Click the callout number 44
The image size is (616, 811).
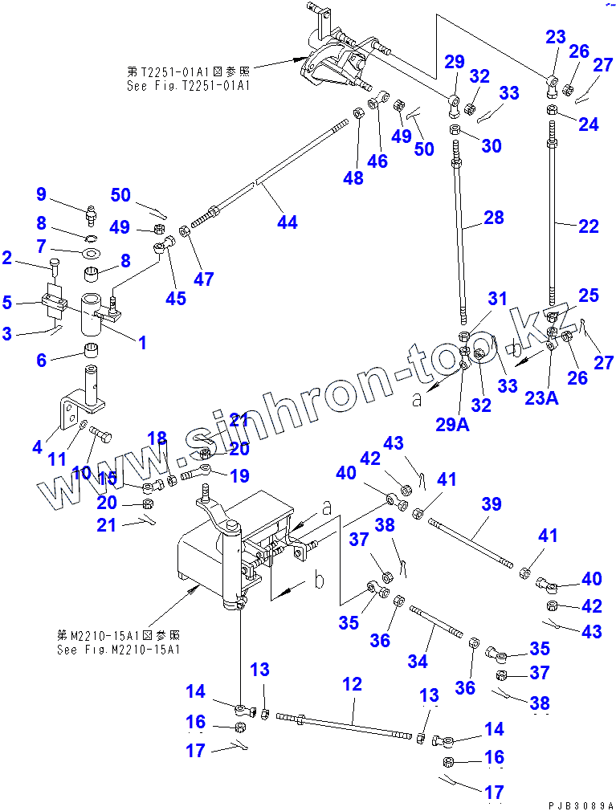pyautogui.click(x=287, y=222)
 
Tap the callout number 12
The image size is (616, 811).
pyautogui.click(x=352, y=685)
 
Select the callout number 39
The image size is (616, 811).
pyautogui.click(x=491, y=504)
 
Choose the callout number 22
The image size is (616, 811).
pyautogui.click(x=588, y=227)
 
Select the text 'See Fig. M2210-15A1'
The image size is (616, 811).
pyautogui.click(x=119, y=649)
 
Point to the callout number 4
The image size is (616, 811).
pyautogui.click(x=37, y=447)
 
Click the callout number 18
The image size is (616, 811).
pyautogui.click(x=157, y=438)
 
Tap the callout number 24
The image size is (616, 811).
pyautogui.click(x=588, y=124)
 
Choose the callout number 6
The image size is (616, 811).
pyautogui.click(x=41, y=361)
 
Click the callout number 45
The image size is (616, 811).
pyautogui.click(x=176, y=298)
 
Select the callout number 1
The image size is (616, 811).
pyautogui.click(x=141, y=343)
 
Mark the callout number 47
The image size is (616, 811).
pyautogui.click(x=204, y=279)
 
